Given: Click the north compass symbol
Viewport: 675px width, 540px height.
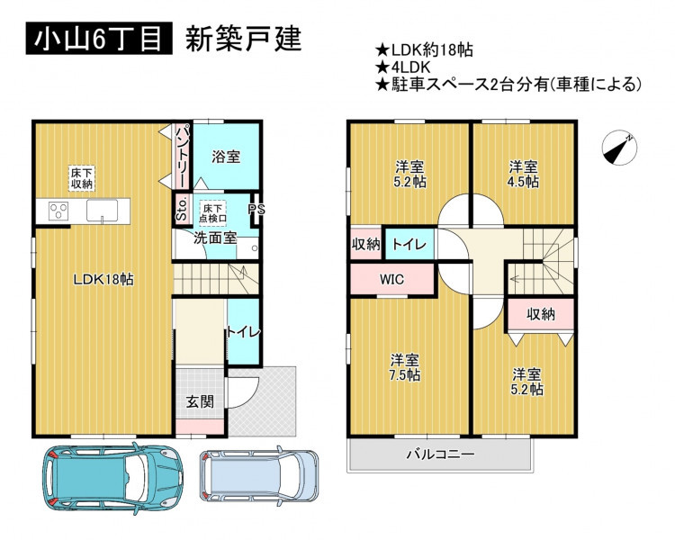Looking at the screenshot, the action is click(x=619, y=147).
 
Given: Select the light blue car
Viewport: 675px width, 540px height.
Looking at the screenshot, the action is click(x=259, y=475).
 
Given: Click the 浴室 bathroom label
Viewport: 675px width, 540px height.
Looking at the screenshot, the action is click(x=226, y=157).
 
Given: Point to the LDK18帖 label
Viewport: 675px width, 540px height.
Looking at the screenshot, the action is click(x=103, y=280).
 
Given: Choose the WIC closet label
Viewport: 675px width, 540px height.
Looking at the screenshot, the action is click(x=391, y=279).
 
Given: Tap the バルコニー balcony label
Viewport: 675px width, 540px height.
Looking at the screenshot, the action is click(x=440, y=454).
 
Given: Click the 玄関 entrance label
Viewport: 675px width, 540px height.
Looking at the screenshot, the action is click(x=200, y=401).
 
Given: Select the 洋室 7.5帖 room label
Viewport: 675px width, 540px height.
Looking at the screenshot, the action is click(x=405, y=367).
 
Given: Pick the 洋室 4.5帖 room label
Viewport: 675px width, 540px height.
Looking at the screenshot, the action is click(x=523, y=174).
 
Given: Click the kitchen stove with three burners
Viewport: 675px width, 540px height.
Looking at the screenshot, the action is click(x=58, y=211).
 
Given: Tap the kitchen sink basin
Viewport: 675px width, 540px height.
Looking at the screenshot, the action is click(x=102, y=211).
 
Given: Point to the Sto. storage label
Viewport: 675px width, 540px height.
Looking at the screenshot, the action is click(x=182, y=209).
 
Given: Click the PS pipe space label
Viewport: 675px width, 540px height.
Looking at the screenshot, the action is click(x=256, y=210).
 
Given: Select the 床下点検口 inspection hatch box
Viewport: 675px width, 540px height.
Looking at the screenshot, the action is click(x=212, y=213).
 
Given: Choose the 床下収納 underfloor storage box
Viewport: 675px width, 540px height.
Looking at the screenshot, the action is click(x=81, y=178).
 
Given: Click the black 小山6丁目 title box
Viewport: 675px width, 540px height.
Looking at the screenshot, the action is click(x=99, y=39).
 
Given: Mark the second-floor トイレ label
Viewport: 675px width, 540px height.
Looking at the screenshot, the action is click(x=409, y=245).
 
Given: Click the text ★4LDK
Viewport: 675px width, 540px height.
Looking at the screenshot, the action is click(x=402, y=67).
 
